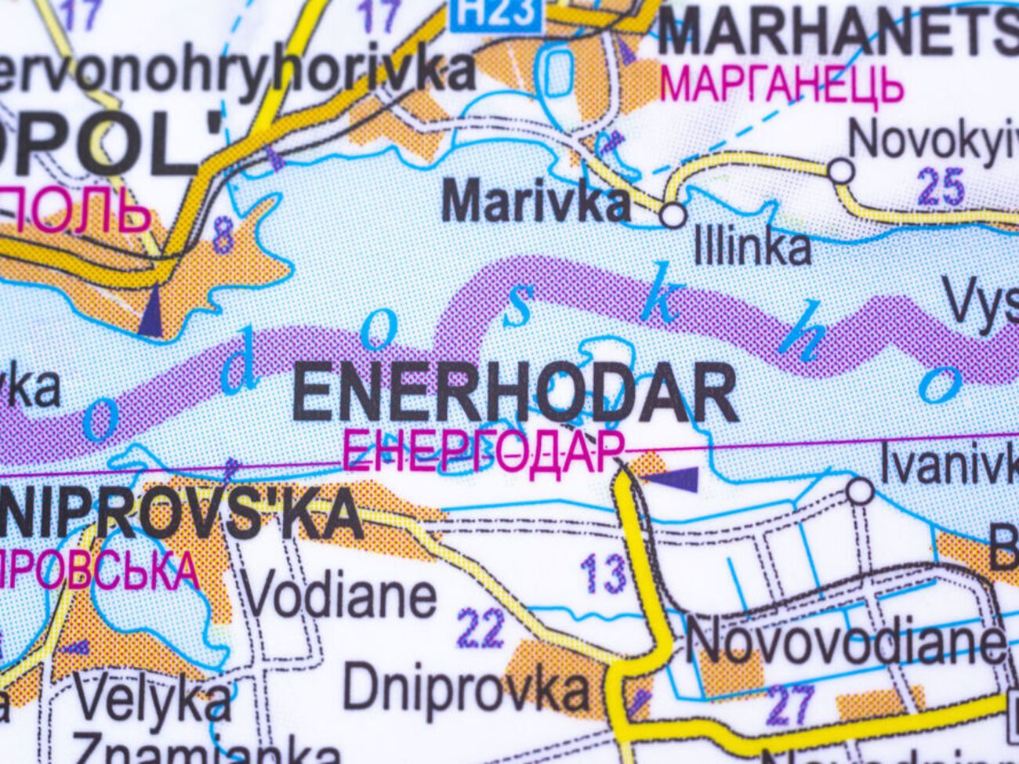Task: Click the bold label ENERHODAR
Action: [514, 394]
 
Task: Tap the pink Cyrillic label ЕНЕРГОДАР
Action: [484, 452]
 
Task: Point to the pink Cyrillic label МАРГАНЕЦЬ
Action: [781, 85]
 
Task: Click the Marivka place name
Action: [536, 201]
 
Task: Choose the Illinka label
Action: [752, 247]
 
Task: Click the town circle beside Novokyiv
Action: [840, 170]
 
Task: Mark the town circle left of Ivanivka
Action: [860, 491]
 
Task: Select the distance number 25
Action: [940, 187]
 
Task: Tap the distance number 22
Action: [480, 628]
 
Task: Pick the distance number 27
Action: [789, 704]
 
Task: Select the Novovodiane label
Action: [847, 643]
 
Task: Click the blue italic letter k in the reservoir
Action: [659, 302]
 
